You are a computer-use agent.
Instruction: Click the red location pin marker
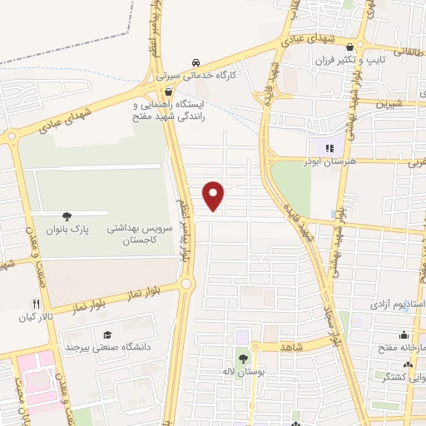215,196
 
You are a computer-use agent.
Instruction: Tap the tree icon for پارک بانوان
66,214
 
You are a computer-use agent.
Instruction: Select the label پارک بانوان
66,226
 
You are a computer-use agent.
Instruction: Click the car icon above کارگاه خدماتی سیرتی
196,62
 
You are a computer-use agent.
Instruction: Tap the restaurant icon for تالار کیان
35,304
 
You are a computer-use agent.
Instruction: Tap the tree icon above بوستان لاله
243,359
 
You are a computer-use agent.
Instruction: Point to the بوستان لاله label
243,371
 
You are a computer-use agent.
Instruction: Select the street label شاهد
293,344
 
